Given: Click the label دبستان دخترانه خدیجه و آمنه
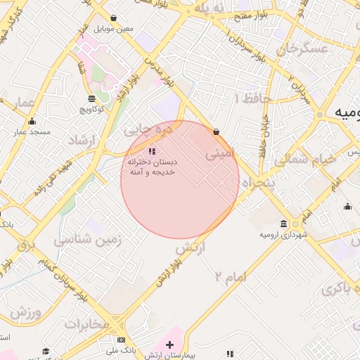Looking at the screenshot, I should [152, 167].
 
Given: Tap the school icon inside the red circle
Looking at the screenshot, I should [152, 151].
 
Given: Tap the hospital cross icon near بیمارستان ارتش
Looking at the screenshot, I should [169, 345].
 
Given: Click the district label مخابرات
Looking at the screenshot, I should [87, 323].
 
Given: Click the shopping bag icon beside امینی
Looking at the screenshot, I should [216, 131].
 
